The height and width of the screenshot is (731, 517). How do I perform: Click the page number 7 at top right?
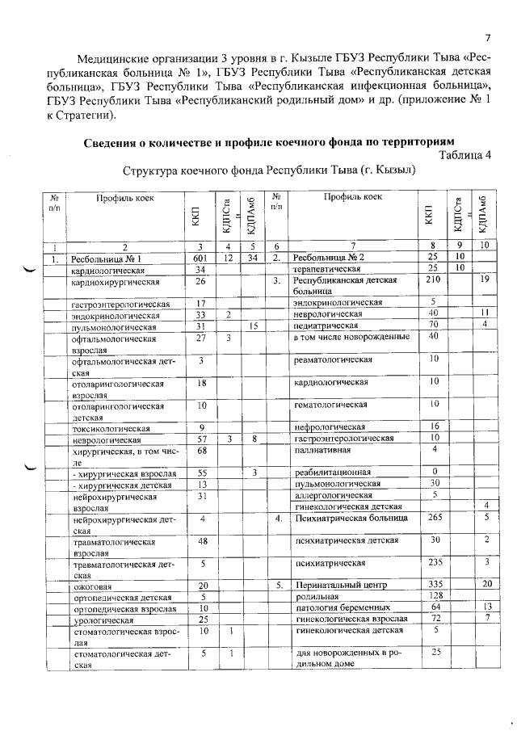pyautogui.click(x=488, y=37)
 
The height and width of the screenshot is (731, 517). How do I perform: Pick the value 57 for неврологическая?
pyautogui.click(x=202, y=438)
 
